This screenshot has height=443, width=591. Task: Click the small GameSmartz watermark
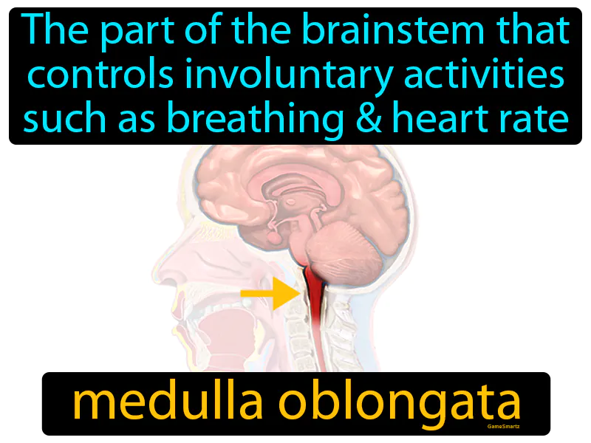point(504,427)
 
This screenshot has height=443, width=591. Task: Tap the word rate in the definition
point(538,118)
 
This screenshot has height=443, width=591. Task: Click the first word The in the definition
point(49,34)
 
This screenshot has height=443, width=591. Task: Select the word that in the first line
point(536,34)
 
